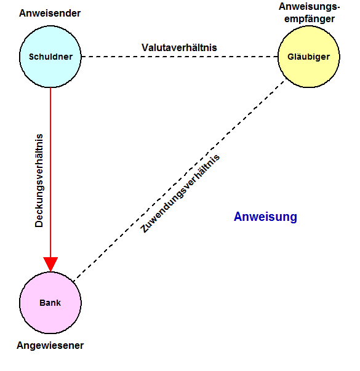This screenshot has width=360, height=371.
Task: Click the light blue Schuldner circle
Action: pos(50,57)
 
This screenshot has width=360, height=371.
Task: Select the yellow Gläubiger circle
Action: pos(309,57)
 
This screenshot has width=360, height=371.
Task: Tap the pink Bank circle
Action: pos(50,303)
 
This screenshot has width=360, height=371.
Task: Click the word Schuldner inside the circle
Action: pos(50,57)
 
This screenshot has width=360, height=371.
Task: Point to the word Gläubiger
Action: pos(309,57)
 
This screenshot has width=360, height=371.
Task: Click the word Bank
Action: pos(50,303)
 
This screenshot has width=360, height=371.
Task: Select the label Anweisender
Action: pos(50,14)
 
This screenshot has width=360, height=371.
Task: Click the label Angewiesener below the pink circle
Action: pos(50,346)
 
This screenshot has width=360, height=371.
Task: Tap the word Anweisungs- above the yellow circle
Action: pos(309,7)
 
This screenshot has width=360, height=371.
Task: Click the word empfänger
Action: pos(310,19)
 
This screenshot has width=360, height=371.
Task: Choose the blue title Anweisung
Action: pos(265,217)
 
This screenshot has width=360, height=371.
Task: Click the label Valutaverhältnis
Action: pos(179,47)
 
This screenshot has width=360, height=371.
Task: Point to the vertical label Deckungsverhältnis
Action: pos(39,181)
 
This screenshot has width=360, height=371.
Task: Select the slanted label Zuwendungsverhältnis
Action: pos(180,194)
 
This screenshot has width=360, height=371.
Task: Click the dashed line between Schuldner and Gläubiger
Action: pos(180,57)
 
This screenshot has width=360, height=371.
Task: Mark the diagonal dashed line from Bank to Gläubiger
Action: pos(178,182)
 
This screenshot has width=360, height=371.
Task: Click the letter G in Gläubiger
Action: pos(291,57)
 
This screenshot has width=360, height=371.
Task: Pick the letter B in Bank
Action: pos(42,303)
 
